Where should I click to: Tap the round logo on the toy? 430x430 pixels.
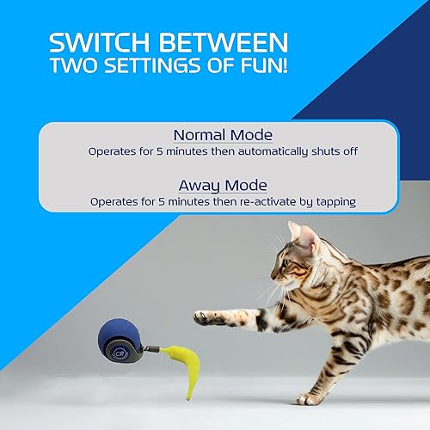coord(119,347)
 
